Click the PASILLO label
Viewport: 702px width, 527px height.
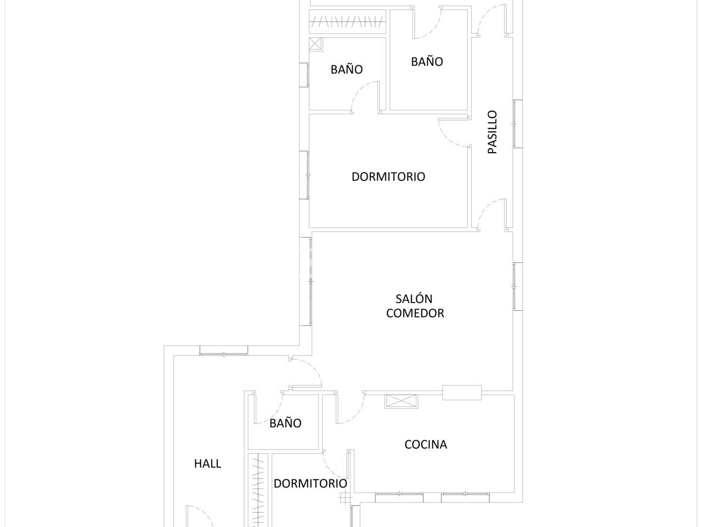(492, 132)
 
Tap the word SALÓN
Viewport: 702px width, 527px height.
(414, 299)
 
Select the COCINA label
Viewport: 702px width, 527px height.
(426, 445)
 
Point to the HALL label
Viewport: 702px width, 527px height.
(208, 464)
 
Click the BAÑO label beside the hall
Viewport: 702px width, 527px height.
(285, 423)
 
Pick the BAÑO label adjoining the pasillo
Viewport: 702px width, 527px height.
(427, 61)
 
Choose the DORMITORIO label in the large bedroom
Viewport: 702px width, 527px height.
(388, 177)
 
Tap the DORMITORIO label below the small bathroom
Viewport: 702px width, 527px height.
(310, 484)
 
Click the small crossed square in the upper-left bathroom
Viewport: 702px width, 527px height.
(316, 44)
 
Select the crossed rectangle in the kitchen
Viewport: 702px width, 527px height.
(401, 401)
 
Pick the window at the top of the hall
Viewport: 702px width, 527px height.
(224, 351)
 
